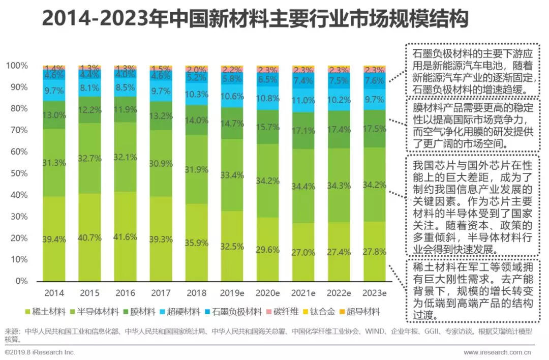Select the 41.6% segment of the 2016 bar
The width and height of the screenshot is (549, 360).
(x=125, y=236)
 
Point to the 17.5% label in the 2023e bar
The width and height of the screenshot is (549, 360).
(x=375, y=130)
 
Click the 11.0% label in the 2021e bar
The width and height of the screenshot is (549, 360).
(x=303, y=100)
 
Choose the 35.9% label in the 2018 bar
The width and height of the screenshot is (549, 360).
(x=197, y=243)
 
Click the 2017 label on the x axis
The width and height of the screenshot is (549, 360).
(x=161, y=293)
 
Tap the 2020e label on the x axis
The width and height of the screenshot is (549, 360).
(x=268, y=293)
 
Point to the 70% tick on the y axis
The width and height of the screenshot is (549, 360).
(x=18, y=130)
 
